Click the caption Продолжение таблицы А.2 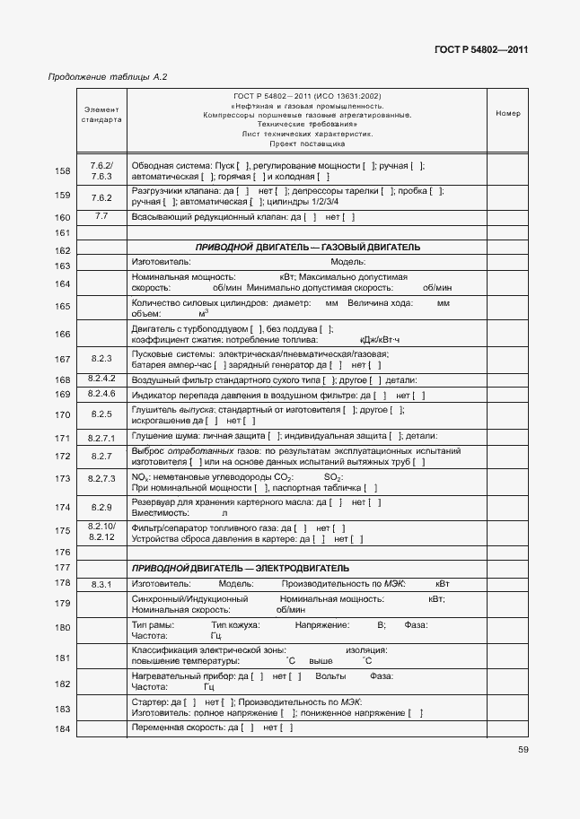tap(107, 77)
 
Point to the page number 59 tap(522, 751)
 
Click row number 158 tap(63, 172)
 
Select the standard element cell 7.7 tap(101, 217)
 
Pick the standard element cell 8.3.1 tap(101, 585)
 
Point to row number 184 tap(63, 728)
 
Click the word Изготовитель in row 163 tap(161, 261)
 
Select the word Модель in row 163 tap(347, 261)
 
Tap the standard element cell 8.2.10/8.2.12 tap(101, 531)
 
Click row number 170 tap(63, 415)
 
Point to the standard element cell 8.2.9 tap(101, 507)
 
